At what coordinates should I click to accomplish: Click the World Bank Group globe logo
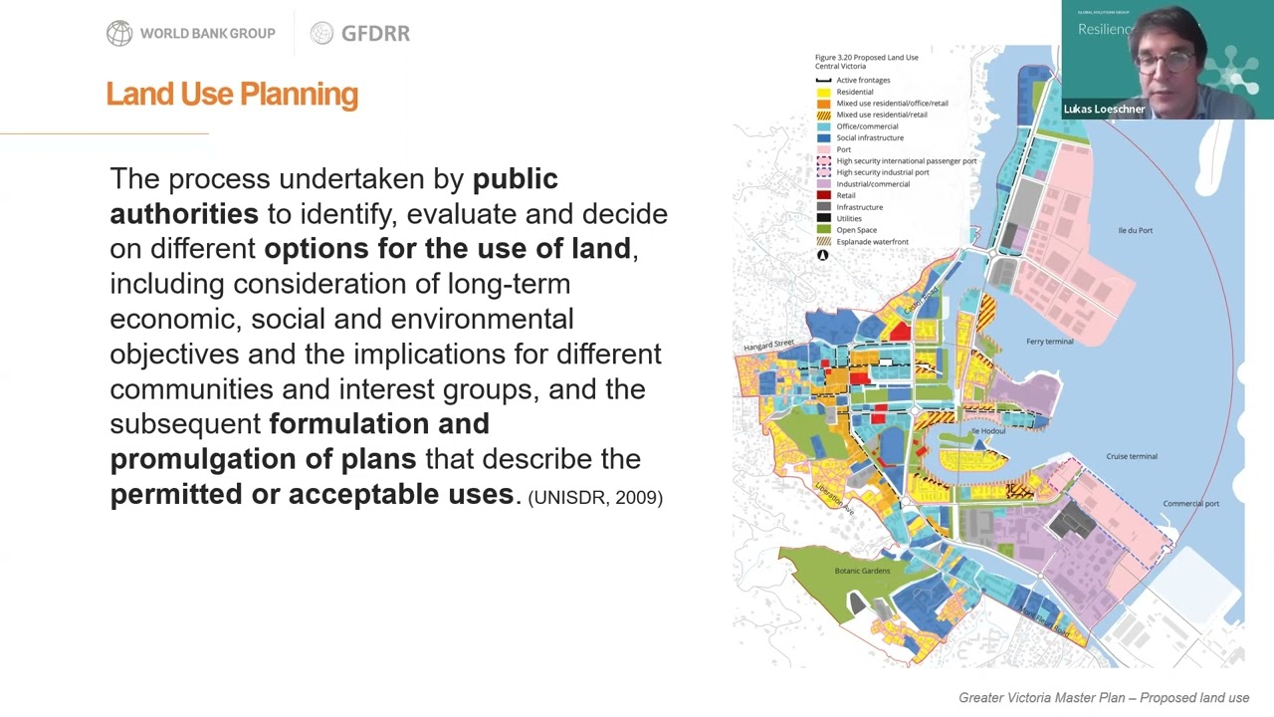pyautogui.click(x=119, y=34)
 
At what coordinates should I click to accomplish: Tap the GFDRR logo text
pyautogui.click(x=374, y=34)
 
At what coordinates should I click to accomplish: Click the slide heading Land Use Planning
pyautogui.click(x=232, y=94)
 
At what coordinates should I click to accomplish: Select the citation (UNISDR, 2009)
pyautogui.click(x=595, y=497)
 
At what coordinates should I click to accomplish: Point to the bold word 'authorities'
pyautogui.click(x=184, y=214)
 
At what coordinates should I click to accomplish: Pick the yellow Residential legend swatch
pyautogui.click(x=823, y=92)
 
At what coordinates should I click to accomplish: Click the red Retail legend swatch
pyautogui.click(x=823, y=195)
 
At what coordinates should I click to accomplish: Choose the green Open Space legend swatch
pyautogui.click(x=823, y=230)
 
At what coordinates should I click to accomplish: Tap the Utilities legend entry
pyautogui.click(x=848, y=218)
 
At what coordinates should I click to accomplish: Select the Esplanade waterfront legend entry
pyautogui.click(x=872, y=242)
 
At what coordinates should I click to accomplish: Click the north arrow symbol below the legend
pyautogui.click(x=823, y=256)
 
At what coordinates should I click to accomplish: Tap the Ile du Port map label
pyautogui.click(x=1135, y=231)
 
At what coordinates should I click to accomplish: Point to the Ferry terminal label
pyautogui.click(x=1049, y=342)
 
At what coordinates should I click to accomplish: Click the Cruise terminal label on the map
pyautogui.click(x=1132, y=456)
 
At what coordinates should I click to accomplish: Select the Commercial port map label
pyautogui.click(x=1190, y=504)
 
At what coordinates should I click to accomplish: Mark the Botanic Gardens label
pyautogui.click(x=862, y=571)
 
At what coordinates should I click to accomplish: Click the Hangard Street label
pyautogui.click(x=768, y=345)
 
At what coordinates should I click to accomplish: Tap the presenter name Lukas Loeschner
pyautogui.click(x=1104, y=110)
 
